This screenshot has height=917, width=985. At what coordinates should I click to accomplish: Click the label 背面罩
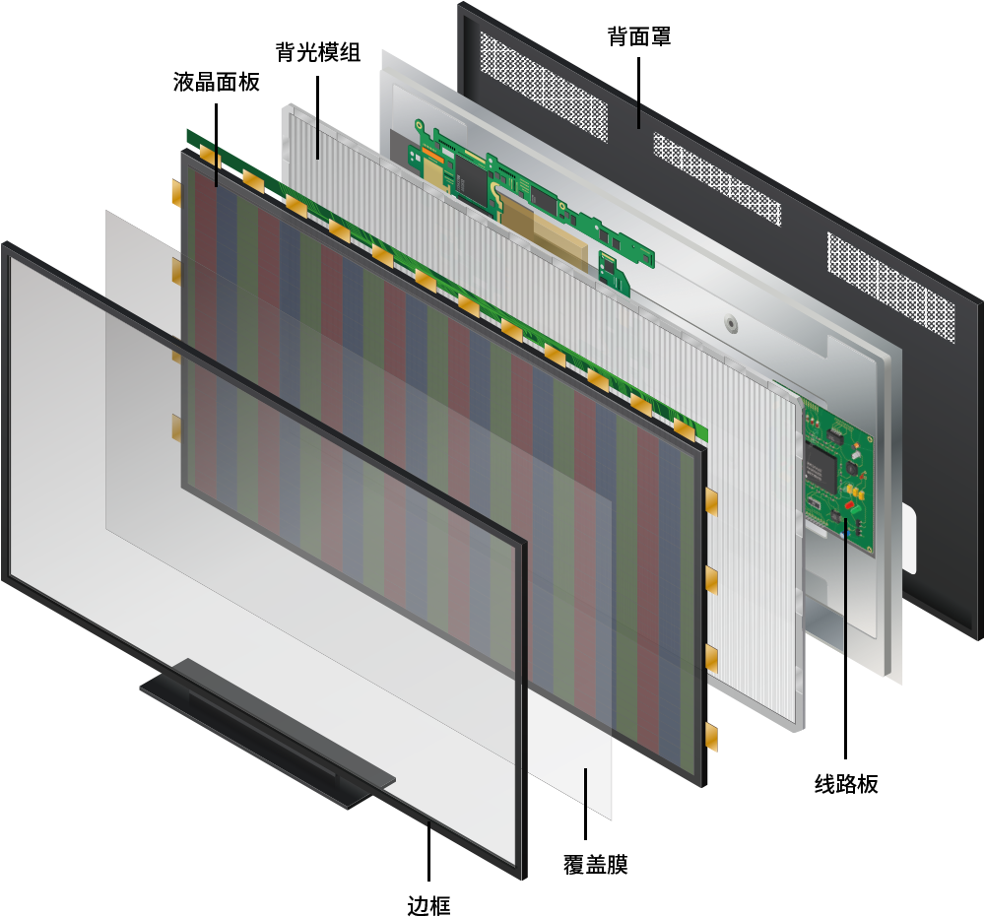pyautogui.click(x=639, y=36)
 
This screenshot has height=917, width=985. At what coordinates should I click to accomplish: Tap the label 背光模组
pyautogui.click(x=318, y=52)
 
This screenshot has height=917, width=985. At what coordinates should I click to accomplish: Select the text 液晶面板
pyautogui.click(x=216, y=82)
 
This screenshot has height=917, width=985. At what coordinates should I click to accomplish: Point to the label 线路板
pyautogui.click(x=845, y=784)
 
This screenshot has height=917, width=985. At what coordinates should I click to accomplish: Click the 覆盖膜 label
pyautogui.click(x=595, y=865)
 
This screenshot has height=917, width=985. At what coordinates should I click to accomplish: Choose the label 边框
pyautogui.click(x=428, y=906)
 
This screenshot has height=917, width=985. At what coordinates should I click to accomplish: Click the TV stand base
pyautogui.click(x=267, y=735)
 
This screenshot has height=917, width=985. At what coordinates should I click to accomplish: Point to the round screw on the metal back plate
pyautogui.click(x=731, y=323)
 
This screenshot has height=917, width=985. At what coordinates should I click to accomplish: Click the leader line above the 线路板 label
pyautogui.click(x=845, y=638)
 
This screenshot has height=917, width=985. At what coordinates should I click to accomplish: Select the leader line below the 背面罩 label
pyautogui.click(x=639, y=93)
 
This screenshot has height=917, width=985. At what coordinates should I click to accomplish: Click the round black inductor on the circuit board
pyautogui.click(x=852, y=468)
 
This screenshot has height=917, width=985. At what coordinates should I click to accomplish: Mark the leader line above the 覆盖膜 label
pyautogui.click(x=585, y=804)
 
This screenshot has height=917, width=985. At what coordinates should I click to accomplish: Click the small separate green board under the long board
pyautogui.click(x=615, y=273)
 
